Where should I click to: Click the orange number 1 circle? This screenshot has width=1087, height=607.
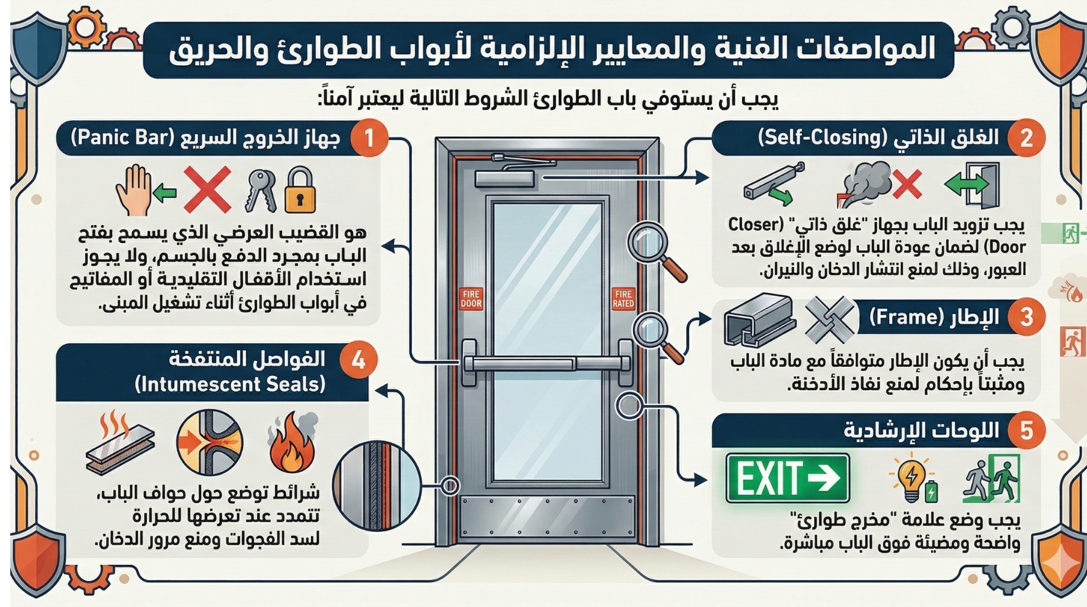369,138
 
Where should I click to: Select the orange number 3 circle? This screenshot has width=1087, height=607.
1026,317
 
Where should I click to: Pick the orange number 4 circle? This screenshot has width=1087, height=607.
358,360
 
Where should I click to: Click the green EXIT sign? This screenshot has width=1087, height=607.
787,478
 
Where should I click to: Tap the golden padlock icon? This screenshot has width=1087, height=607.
300,190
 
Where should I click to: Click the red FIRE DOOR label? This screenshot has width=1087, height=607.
471,298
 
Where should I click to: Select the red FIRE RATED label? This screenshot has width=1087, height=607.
623,298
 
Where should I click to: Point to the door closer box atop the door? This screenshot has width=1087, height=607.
504,178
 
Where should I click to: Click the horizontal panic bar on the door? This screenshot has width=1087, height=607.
545,363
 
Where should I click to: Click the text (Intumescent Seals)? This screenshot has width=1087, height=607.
230,385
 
